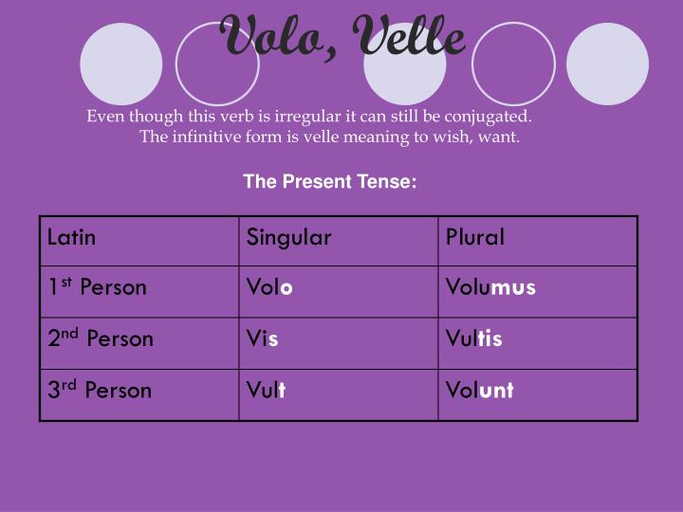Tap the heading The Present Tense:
(330, 181)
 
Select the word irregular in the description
(305, 117)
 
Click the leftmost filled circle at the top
(121, 63)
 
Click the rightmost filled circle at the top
(607, 63)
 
